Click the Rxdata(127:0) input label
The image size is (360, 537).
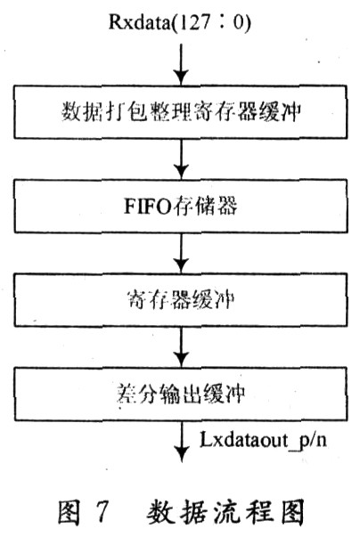(x=179, y=22)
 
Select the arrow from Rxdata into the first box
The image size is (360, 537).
(x=181, y=64)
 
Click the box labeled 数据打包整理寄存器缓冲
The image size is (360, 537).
(x=181, y=111)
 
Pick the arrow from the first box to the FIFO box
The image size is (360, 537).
(x=181, y=159)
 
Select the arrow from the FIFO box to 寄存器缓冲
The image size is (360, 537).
(x=181, y=253)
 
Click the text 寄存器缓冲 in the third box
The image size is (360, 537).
(x=181, y=299)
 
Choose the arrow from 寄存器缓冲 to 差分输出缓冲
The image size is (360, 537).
(x=181, y=346)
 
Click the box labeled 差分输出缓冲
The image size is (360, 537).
(x=181, y=394)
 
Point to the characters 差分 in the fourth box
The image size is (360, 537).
(x=137, y=394)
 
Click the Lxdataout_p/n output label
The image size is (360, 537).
(x=263, y=440)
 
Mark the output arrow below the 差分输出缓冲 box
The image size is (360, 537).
(x=182, y=442)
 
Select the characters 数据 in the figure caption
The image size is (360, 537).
(x=177, y=512)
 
